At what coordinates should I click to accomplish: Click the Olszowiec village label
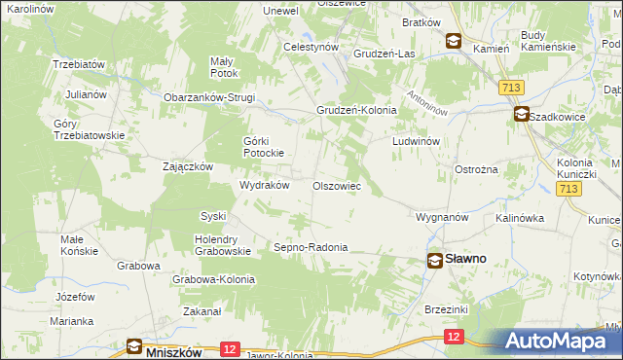(x=336, y=185)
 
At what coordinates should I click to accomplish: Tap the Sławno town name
(x=466, y=260)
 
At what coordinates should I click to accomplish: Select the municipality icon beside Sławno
(x=435, y=260)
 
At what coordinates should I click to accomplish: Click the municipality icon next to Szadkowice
(x=522, y=115)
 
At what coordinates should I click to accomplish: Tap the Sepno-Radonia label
(x=311, y=247)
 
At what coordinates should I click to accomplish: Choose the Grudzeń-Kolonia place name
(x=355, y=111)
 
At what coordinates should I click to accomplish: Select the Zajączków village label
(x=188, y=166)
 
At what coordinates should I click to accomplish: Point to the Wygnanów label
(x=443, y=217)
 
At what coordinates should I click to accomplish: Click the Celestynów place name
(x=310, y=47)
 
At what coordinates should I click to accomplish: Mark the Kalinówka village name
(x=519, y=218)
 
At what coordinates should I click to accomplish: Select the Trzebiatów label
(x=79, y=64)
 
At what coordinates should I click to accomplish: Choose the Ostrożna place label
(x=476, y=169)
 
